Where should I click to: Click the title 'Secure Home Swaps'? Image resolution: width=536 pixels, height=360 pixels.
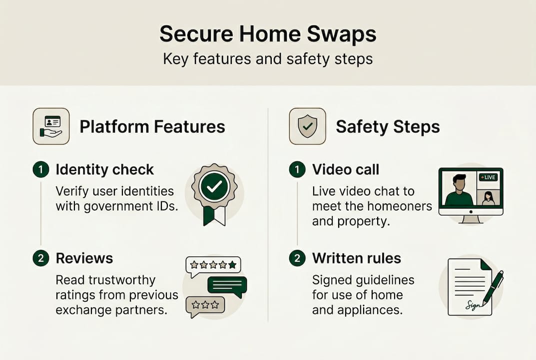[268, 34]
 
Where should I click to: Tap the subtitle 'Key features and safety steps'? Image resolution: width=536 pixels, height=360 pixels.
[268, 59]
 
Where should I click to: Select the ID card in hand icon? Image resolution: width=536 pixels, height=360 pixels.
[51, 126]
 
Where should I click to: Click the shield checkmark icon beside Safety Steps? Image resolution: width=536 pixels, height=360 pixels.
[307, 126]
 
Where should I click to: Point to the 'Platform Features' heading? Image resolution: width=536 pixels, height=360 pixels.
[152, 126]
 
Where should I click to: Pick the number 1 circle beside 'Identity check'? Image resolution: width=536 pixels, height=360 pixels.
[41, 169]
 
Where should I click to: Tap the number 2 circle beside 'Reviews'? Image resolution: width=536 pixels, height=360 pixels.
[41, 258]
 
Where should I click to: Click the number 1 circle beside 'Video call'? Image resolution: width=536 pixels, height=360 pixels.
[297, 169]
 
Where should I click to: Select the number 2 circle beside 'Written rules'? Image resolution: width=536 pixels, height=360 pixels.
[297, 258]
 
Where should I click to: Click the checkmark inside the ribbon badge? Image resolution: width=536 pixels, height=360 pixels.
[214, 187]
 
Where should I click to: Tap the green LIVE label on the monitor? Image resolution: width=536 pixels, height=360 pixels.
[489, 177]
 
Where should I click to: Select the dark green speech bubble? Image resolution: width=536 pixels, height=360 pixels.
[227, 285]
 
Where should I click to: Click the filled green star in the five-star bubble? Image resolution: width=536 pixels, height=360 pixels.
[232, 264]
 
